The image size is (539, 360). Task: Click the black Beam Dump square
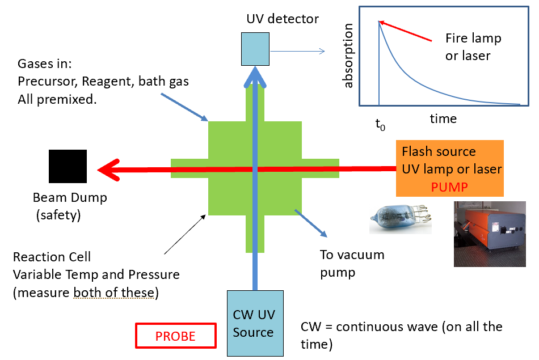[68, 166]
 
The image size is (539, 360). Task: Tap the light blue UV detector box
[256, 48]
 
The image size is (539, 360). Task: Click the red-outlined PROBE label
[175, 336]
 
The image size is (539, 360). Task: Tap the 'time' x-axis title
[443, 118]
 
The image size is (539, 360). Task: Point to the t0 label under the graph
[380, 124]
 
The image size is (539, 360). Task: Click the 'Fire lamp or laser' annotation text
[474, 47]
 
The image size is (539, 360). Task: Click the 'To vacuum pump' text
[352, 263]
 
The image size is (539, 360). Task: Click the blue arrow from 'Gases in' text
[184, 107]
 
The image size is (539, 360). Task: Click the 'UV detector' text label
[283, 19]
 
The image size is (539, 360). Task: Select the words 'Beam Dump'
[70, 198]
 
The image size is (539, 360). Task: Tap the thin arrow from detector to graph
[297, 52]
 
